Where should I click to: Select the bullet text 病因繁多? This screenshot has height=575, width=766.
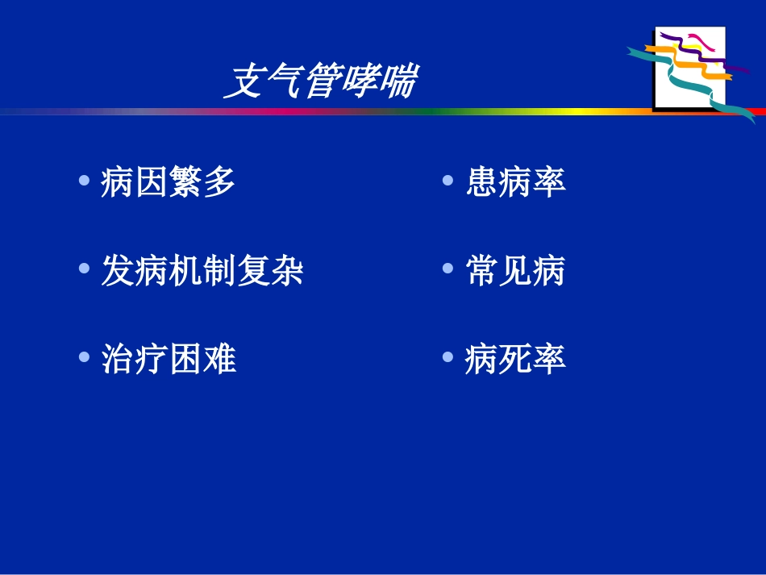click(169, 182)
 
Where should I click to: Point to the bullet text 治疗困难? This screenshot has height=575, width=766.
click(169, 359)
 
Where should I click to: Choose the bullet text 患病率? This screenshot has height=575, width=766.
click(516, 182)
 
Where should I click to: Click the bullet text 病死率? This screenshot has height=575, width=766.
click(516, 359)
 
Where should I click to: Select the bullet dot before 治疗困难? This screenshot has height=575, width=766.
click(85, 356)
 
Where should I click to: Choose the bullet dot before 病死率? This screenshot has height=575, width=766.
click(448, 356)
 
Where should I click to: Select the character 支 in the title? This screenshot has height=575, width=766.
click(242, 82)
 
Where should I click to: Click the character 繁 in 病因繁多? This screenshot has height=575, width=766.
click(185, 182)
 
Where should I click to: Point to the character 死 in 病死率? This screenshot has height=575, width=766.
click(516, 359)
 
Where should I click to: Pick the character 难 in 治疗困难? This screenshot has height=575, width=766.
click(219, 359)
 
